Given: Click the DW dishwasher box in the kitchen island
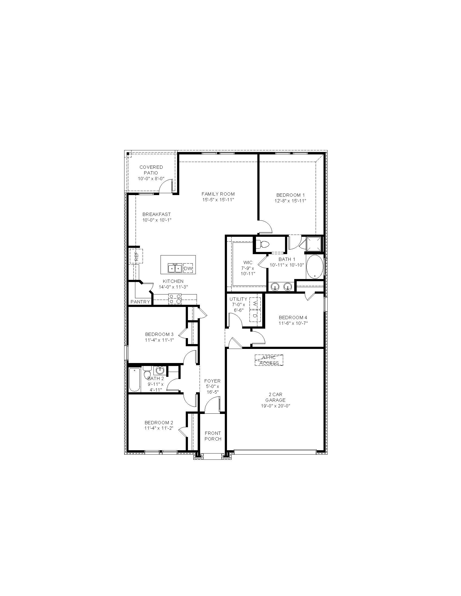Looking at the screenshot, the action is (x=188, y=268).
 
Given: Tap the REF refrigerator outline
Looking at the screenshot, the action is (x=136, y=256).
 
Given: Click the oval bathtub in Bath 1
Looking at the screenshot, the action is (x=315, y=267).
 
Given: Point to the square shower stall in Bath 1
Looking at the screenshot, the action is (x=314, y=244).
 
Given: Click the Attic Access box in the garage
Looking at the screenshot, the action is (x=269, y=360).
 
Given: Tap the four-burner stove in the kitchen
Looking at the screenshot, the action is (x=175, y=299).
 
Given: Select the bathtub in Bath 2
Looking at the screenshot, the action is (x=134, y=380).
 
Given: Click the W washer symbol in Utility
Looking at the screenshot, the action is (x=255, y=303).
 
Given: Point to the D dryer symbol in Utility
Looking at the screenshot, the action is (x=255, y=316).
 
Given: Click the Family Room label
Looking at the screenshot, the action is (x=218, y=194).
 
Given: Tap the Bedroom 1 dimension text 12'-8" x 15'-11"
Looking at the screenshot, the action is (x=291, y=201).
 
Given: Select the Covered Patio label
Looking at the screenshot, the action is (x=151, y=170).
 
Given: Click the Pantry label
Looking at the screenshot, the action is (x=140, y=302).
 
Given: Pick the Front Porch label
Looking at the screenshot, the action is (x=213, y=436).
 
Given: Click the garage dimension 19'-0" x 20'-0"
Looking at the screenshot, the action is (x=276, y=406).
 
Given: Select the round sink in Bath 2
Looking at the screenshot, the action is (x=160, y=370).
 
